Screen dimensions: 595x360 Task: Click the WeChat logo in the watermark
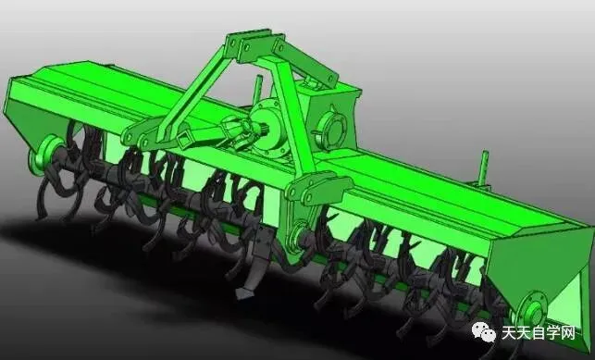coord(483,332)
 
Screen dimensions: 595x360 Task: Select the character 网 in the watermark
coord(567,333)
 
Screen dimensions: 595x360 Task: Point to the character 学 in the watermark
coord(553,333)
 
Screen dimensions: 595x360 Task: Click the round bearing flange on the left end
coord(45,155)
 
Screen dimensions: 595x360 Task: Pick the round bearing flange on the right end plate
coord(532,314)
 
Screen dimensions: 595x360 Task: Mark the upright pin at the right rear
coord(483,168)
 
